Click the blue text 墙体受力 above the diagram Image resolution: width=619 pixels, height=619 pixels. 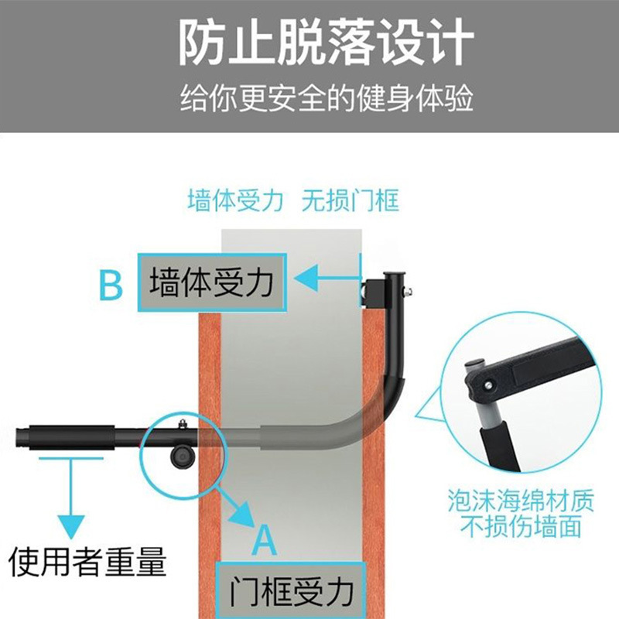click(234, 201)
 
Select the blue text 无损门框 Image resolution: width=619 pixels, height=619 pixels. click(351, 201)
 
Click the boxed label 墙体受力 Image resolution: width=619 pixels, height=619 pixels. click(212, 282)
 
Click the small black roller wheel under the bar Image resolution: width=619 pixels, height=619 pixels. click(182, 457)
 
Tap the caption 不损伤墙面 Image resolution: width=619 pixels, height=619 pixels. click(521, 528)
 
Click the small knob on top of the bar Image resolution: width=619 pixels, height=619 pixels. click(183, 422)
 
